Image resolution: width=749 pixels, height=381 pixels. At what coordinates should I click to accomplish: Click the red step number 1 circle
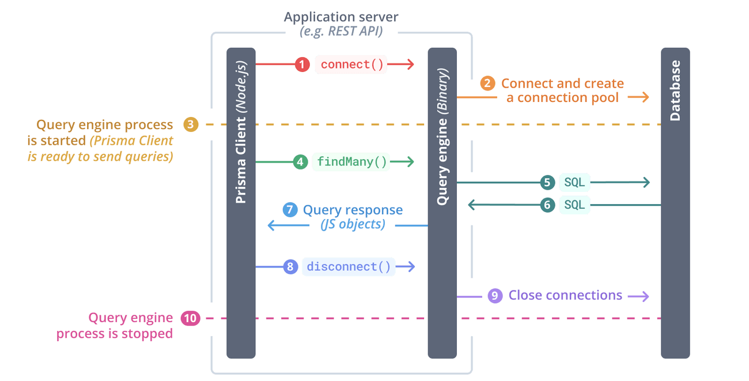tap(302, 64)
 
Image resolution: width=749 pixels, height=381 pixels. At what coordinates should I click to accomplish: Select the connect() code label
tap(351, 64)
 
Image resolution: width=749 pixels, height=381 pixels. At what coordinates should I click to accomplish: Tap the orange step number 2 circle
tap(487, 84)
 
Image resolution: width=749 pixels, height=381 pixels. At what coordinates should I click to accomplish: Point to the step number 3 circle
tap(191, 124)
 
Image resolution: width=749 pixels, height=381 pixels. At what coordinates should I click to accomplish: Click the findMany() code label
tap(351, 162)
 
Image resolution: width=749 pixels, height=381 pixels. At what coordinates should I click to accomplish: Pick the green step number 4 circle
tap(300, 162)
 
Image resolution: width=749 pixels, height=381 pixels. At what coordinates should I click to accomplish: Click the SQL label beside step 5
tap(574, 183)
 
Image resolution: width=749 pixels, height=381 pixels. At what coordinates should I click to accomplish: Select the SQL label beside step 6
tap(574, 204)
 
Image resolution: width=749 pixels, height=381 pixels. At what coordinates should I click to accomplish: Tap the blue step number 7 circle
tap(290, 210)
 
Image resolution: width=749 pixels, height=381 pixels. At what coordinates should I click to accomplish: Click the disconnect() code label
tap(349, 266)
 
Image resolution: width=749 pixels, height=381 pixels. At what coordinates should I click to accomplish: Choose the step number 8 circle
tap(290, 266)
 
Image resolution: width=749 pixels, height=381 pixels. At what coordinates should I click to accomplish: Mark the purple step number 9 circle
tap(494, 296)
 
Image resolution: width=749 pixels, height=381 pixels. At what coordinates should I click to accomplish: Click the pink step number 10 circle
tap(191, 318)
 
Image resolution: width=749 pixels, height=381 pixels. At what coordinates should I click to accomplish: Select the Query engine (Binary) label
tap(442, 136)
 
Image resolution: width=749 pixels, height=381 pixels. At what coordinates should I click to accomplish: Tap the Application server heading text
tap(341, 17)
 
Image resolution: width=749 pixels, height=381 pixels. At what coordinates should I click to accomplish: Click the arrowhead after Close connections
tap(643, 296)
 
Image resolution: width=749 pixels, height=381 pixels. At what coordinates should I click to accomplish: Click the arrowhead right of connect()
tap(410, 64)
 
